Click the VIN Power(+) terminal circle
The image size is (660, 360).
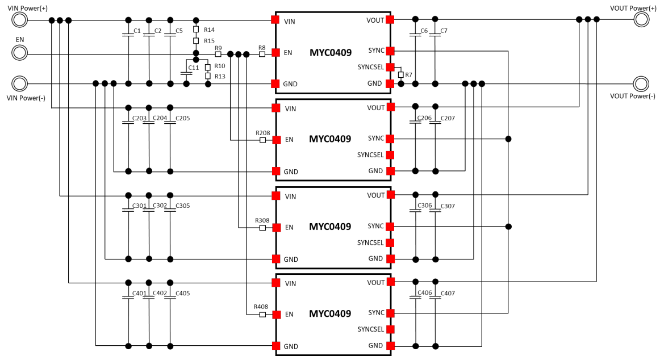19,20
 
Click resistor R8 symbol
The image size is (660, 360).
262,55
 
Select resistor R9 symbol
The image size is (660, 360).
218,55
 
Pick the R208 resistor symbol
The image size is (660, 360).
262,140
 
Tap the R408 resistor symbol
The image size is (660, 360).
262,314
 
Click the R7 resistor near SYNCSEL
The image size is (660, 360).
400,75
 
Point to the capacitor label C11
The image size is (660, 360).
193,68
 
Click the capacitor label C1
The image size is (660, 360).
136,31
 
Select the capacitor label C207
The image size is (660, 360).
448,119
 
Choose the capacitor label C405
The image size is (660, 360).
182,294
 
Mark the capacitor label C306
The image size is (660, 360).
424,206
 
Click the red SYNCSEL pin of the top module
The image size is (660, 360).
390,67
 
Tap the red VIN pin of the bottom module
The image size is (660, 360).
276,283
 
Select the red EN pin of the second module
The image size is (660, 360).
276,140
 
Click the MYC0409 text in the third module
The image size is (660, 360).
330,227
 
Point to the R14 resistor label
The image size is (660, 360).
209,30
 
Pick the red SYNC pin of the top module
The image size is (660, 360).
390,51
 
